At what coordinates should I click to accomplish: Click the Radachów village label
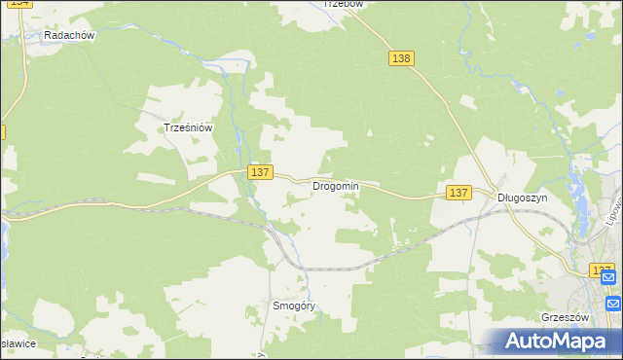tap(69, 36)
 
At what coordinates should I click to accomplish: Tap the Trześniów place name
tap(188, 127)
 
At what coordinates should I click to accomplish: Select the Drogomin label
tap(336, 186)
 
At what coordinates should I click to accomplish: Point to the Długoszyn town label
tap(523, 197)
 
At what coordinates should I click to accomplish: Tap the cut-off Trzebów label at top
tap(343, 4)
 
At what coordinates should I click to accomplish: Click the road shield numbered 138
tap(402, 58)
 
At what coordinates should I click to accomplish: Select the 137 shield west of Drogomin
tap(259, 172)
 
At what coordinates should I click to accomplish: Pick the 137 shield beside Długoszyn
tap(459, 194)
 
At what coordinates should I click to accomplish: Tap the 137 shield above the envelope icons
tap(602, 270)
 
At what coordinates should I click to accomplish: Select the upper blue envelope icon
tap(608, 278)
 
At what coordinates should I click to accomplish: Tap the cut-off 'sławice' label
tap(18, 344)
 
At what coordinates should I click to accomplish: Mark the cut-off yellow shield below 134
tap(2, 130)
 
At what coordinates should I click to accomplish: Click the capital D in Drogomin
tap(316, 186)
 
